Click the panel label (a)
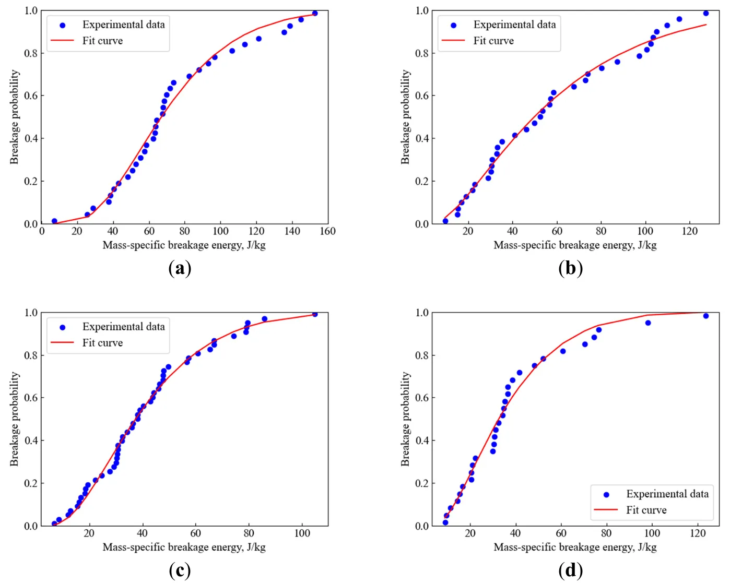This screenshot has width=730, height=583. (180, 268)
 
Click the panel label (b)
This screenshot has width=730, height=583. (570, 268)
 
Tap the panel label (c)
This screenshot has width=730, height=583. (180, 570)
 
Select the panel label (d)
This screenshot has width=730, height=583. (570, 570)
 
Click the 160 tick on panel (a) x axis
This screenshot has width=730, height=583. (327, 231)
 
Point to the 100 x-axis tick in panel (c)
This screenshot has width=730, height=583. (302, 533)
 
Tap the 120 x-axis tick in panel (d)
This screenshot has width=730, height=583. (698, 533)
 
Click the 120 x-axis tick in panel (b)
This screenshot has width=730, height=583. (689, 231)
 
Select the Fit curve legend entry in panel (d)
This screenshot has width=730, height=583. (646, 510)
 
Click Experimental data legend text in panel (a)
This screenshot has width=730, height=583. (123, 25)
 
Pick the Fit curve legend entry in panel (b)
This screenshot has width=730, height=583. (493, 41)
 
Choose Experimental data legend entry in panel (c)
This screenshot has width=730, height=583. (123, 327)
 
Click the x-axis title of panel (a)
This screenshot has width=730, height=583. (184, 245)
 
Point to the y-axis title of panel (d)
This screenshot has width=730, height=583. (406, 419)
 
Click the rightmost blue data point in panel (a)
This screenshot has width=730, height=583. (314, 13)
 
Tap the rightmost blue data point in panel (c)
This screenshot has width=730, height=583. (315, 314)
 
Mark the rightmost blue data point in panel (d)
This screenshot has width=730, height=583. (706, 316)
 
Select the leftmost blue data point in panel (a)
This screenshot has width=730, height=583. (54, 221)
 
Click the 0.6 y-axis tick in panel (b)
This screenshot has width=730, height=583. (421, 96)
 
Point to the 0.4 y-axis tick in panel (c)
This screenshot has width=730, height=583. (31, 441)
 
